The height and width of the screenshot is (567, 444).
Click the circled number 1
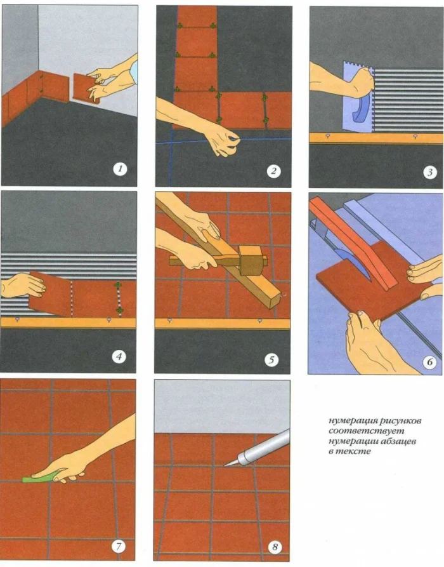pos(120,168)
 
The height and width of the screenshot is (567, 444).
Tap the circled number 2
pos(273,171)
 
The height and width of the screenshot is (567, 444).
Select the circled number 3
pos(429,172)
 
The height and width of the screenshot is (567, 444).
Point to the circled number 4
pos(119,357)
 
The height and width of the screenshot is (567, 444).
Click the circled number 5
pos(271,359)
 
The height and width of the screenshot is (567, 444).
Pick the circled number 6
pos(429,362)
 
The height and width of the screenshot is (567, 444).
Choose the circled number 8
pos(274,547)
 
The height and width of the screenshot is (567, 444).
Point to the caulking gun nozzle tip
pos(225,466)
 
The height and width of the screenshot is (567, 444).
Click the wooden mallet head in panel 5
pos(252,261)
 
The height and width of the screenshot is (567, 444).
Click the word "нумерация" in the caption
pos(349,421)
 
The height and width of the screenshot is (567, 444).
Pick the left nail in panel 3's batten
pos(328,135)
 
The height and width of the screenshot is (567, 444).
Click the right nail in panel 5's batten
pos(259,321)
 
